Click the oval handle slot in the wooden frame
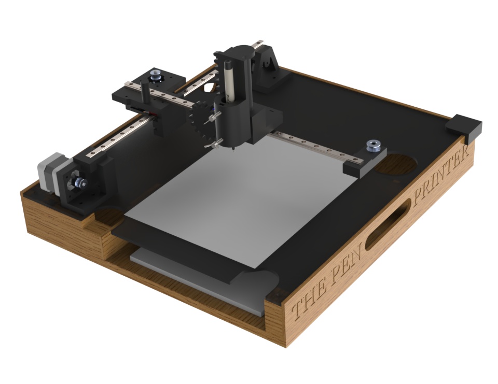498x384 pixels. [x=388, y=225]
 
